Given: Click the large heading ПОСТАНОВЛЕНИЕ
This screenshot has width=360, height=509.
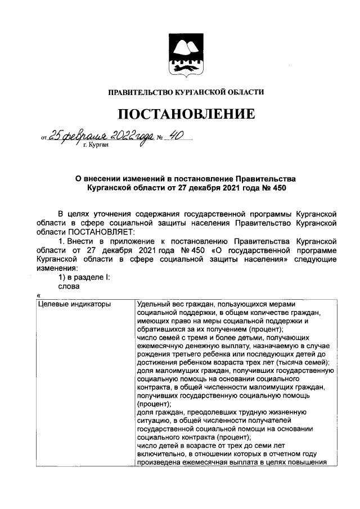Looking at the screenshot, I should pyautogui.click(x=186, y=115).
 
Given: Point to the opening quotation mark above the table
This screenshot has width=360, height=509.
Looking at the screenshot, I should pyautogui.click(x=38, y=295).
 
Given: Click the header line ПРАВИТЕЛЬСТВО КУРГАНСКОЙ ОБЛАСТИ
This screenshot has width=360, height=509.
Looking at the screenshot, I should pyautogui.click(x=186, y=92).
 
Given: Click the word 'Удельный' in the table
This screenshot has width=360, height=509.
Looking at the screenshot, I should pyautogui.click(x=152, y=304).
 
